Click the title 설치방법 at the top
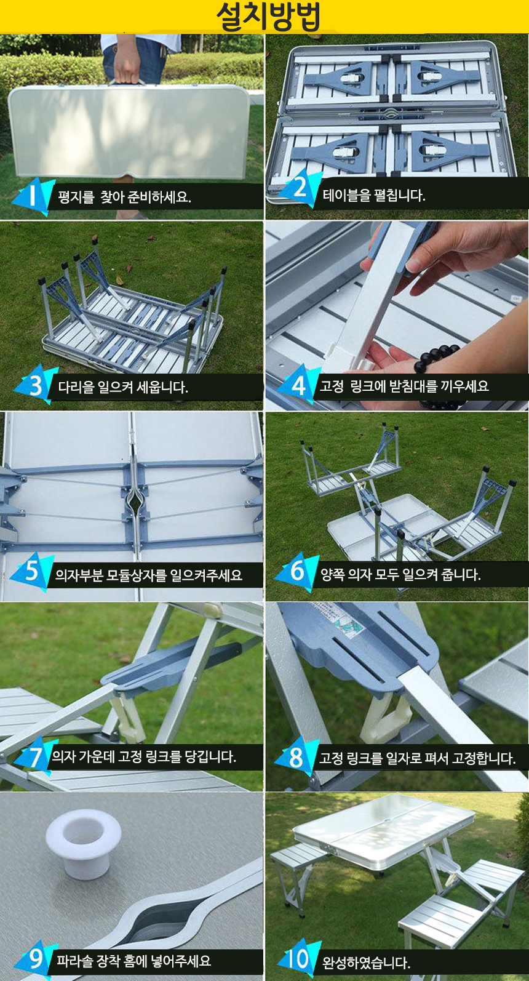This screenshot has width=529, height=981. [x=268, y=17]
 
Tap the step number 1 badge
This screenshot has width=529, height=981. [x=33, y=196]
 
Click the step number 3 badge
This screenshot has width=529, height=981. [x=35, y=385]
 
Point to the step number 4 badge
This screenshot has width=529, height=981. [x=298, y=385]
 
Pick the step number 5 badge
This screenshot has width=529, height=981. [x=31, y=572]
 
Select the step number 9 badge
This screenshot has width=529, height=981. [x=35, y=959]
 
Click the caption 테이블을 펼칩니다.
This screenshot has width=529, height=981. [x=374, y=195]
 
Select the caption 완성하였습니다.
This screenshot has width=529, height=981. [x=366, y=962]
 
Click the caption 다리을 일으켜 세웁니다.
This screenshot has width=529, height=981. [x=123, y=386]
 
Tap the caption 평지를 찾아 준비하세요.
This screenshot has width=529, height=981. [x=124, y=197]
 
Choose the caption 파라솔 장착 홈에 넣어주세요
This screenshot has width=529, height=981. [x=134, y=961]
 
